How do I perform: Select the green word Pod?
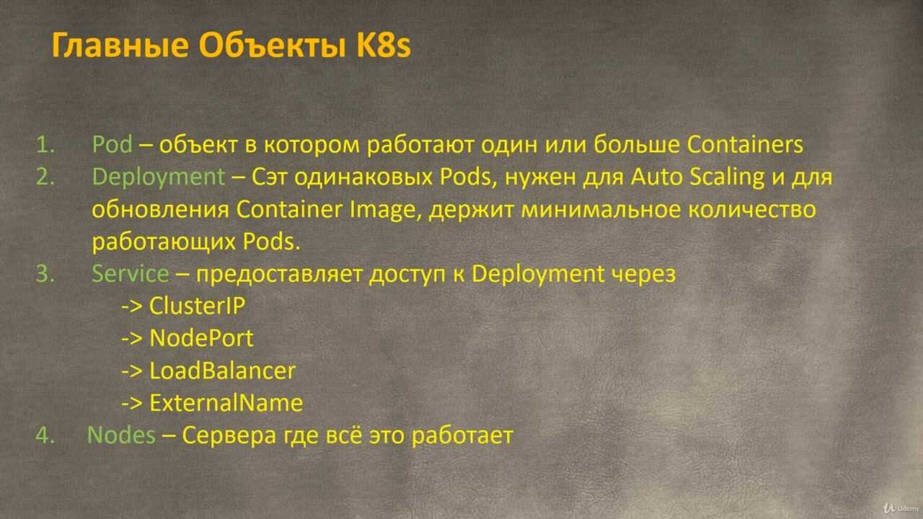(112, 144)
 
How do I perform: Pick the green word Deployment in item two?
(159, 178)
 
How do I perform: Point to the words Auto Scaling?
(697, 178)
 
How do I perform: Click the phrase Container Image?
(325, 210)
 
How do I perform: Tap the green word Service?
(131, 273)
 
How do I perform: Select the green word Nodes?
(121, 435)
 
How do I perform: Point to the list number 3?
(45, 273)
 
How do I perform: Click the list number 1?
(45, 144)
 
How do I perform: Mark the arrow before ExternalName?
(132, 403)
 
